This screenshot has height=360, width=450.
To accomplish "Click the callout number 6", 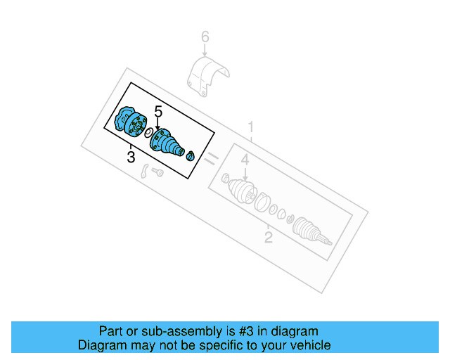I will [205, 36].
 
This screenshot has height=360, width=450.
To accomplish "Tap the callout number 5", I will [158, 112].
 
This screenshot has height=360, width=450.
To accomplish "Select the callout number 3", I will [131, 157].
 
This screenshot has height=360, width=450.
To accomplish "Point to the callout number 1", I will [250, 128].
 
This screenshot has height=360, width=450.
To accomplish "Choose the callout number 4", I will [245, 161].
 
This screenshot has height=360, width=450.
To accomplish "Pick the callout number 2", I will [268, 237].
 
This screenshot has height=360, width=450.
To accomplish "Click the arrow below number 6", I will [205, 51].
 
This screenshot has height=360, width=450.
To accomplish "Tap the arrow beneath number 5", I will [158, 125].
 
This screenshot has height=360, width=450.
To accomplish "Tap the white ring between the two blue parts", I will [149, 131].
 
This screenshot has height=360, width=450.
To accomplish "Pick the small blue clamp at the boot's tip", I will [190, 156].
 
